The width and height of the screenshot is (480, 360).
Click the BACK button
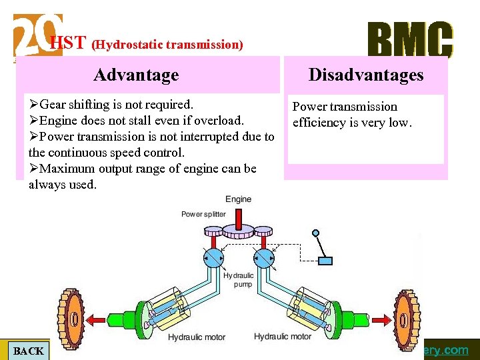28,351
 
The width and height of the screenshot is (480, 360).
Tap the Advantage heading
136,75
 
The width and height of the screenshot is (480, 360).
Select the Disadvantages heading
365,75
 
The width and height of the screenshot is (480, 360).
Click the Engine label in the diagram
238,199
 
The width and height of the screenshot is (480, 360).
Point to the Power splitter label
203,214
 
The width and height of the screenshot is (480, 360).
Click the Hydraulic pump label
238,279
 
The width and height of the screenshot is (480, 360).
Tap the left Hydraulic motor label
197,338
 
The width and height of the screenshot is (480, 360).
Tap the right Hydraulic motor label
283,337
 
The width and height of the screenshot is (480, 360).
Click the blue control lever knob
316,234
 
